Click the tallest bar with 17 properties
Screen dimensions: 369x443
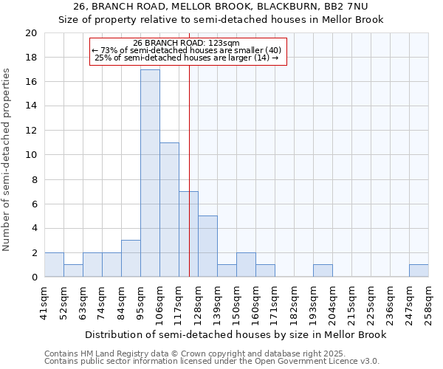point(150,173)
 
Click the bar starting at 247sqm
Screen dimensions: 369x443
point(419,271)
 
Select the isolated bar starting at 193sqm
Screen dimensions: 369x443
point(323,271)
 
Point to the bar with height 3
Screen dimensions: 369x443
point(131,258)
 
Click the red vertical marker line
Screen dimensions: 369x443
point(190,148)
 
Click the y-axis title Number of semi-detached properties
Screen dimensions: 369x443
point(7,159)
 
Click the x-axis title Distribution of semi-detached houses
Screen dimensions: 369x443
point(236,334)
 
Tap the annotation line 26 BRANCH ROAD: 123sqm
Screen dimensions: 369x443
point(187,43)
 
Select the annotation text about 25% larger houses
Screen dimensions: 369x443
point(187,58)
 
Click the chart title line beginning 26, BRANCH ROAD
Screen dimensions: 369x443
point(221,7)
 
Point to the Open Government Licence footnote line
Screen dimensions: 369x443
point(212,362)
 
